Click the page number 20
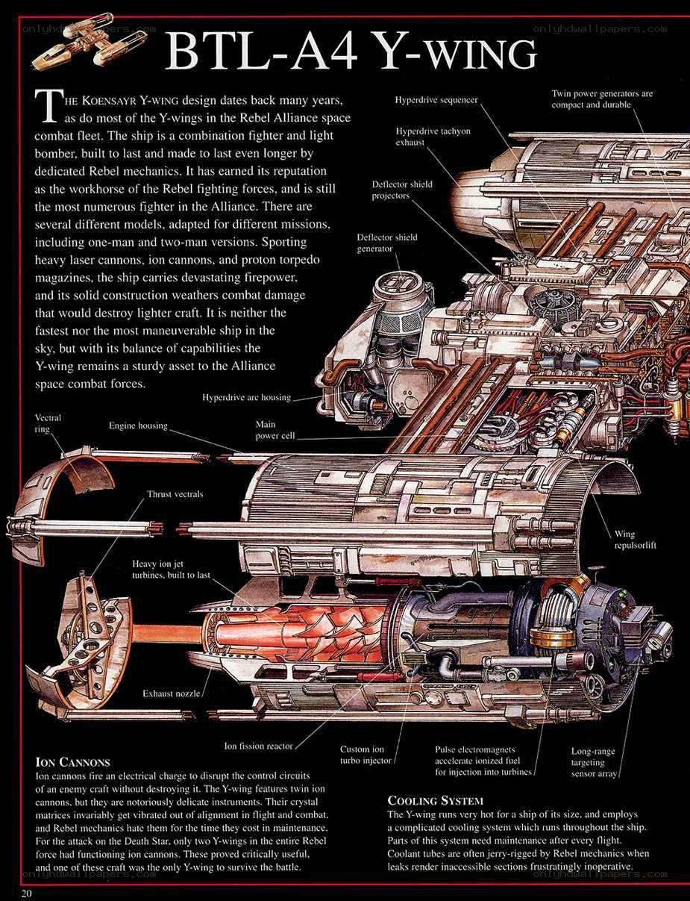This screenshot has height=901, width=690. [x=26, y=893]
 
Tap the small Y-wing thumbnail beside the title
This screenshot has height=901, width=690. [x=90, y=41]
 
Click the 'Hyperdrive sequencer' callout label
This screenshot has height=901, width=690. [x=436, y=100]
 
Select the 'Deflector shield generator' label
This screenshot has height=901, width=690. [x=387, y=243]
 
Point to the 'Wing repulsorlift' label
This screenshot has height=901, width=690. [x=635, y=540]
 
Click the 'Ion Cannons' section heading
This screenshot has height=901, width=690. [x=73, y=761]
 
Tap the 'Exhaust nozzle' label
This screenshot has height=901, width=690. [x=171, y=693]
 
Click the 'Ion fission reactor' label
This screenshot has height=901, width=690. [x=258, y=746]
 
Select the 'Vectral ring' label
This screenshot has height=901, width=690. [x=48, y=423]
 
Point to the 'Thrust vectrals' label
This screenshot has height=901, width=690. [x=175, y=494]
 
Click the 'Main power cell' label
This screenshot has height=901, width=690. [x=275, y=430]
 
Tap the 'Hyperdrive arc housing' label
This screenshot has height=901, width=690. [x=246, y=397]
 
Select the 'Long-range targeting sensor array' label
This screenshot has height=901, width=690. [x=594, y=762]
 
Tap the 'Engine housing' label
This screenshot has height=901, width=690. [x=138, y=425]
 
